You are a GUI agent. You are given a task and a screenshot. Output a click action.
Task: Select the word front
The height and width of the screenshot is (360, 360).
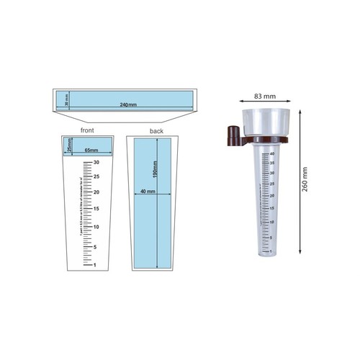coord(88,131)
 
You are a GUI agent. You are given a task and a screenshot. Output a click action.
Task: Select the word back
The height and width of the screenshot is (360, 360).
coord(156,131)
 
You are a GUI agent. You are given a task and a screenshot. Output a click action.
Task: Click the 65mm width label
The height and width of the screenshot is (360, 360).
coord(92,150)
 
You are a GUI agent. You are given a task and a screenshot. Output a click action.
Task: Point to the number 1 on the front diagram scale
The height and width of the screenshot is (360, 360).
coord(96,265)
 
